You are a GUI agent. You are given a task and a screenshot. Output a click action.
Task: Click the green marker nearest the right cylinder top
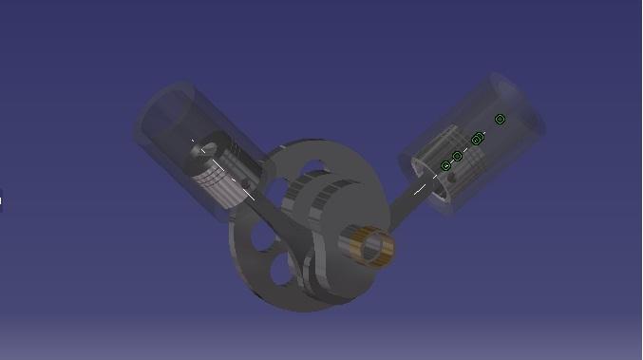(x=501, y=119)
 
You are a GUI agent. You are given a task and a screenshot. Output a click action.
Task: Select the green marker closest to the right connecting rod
(x=445, y=166)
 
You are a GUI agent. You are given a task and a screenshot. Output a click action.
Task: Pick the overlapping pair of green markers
(x=477, y=140)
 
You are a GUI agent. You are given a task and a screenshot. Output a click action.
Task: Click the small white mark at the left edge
(x=1, y=199)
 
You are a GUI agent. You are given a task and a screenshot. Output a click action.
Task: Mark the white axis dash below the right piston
(x=419, y=189)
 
